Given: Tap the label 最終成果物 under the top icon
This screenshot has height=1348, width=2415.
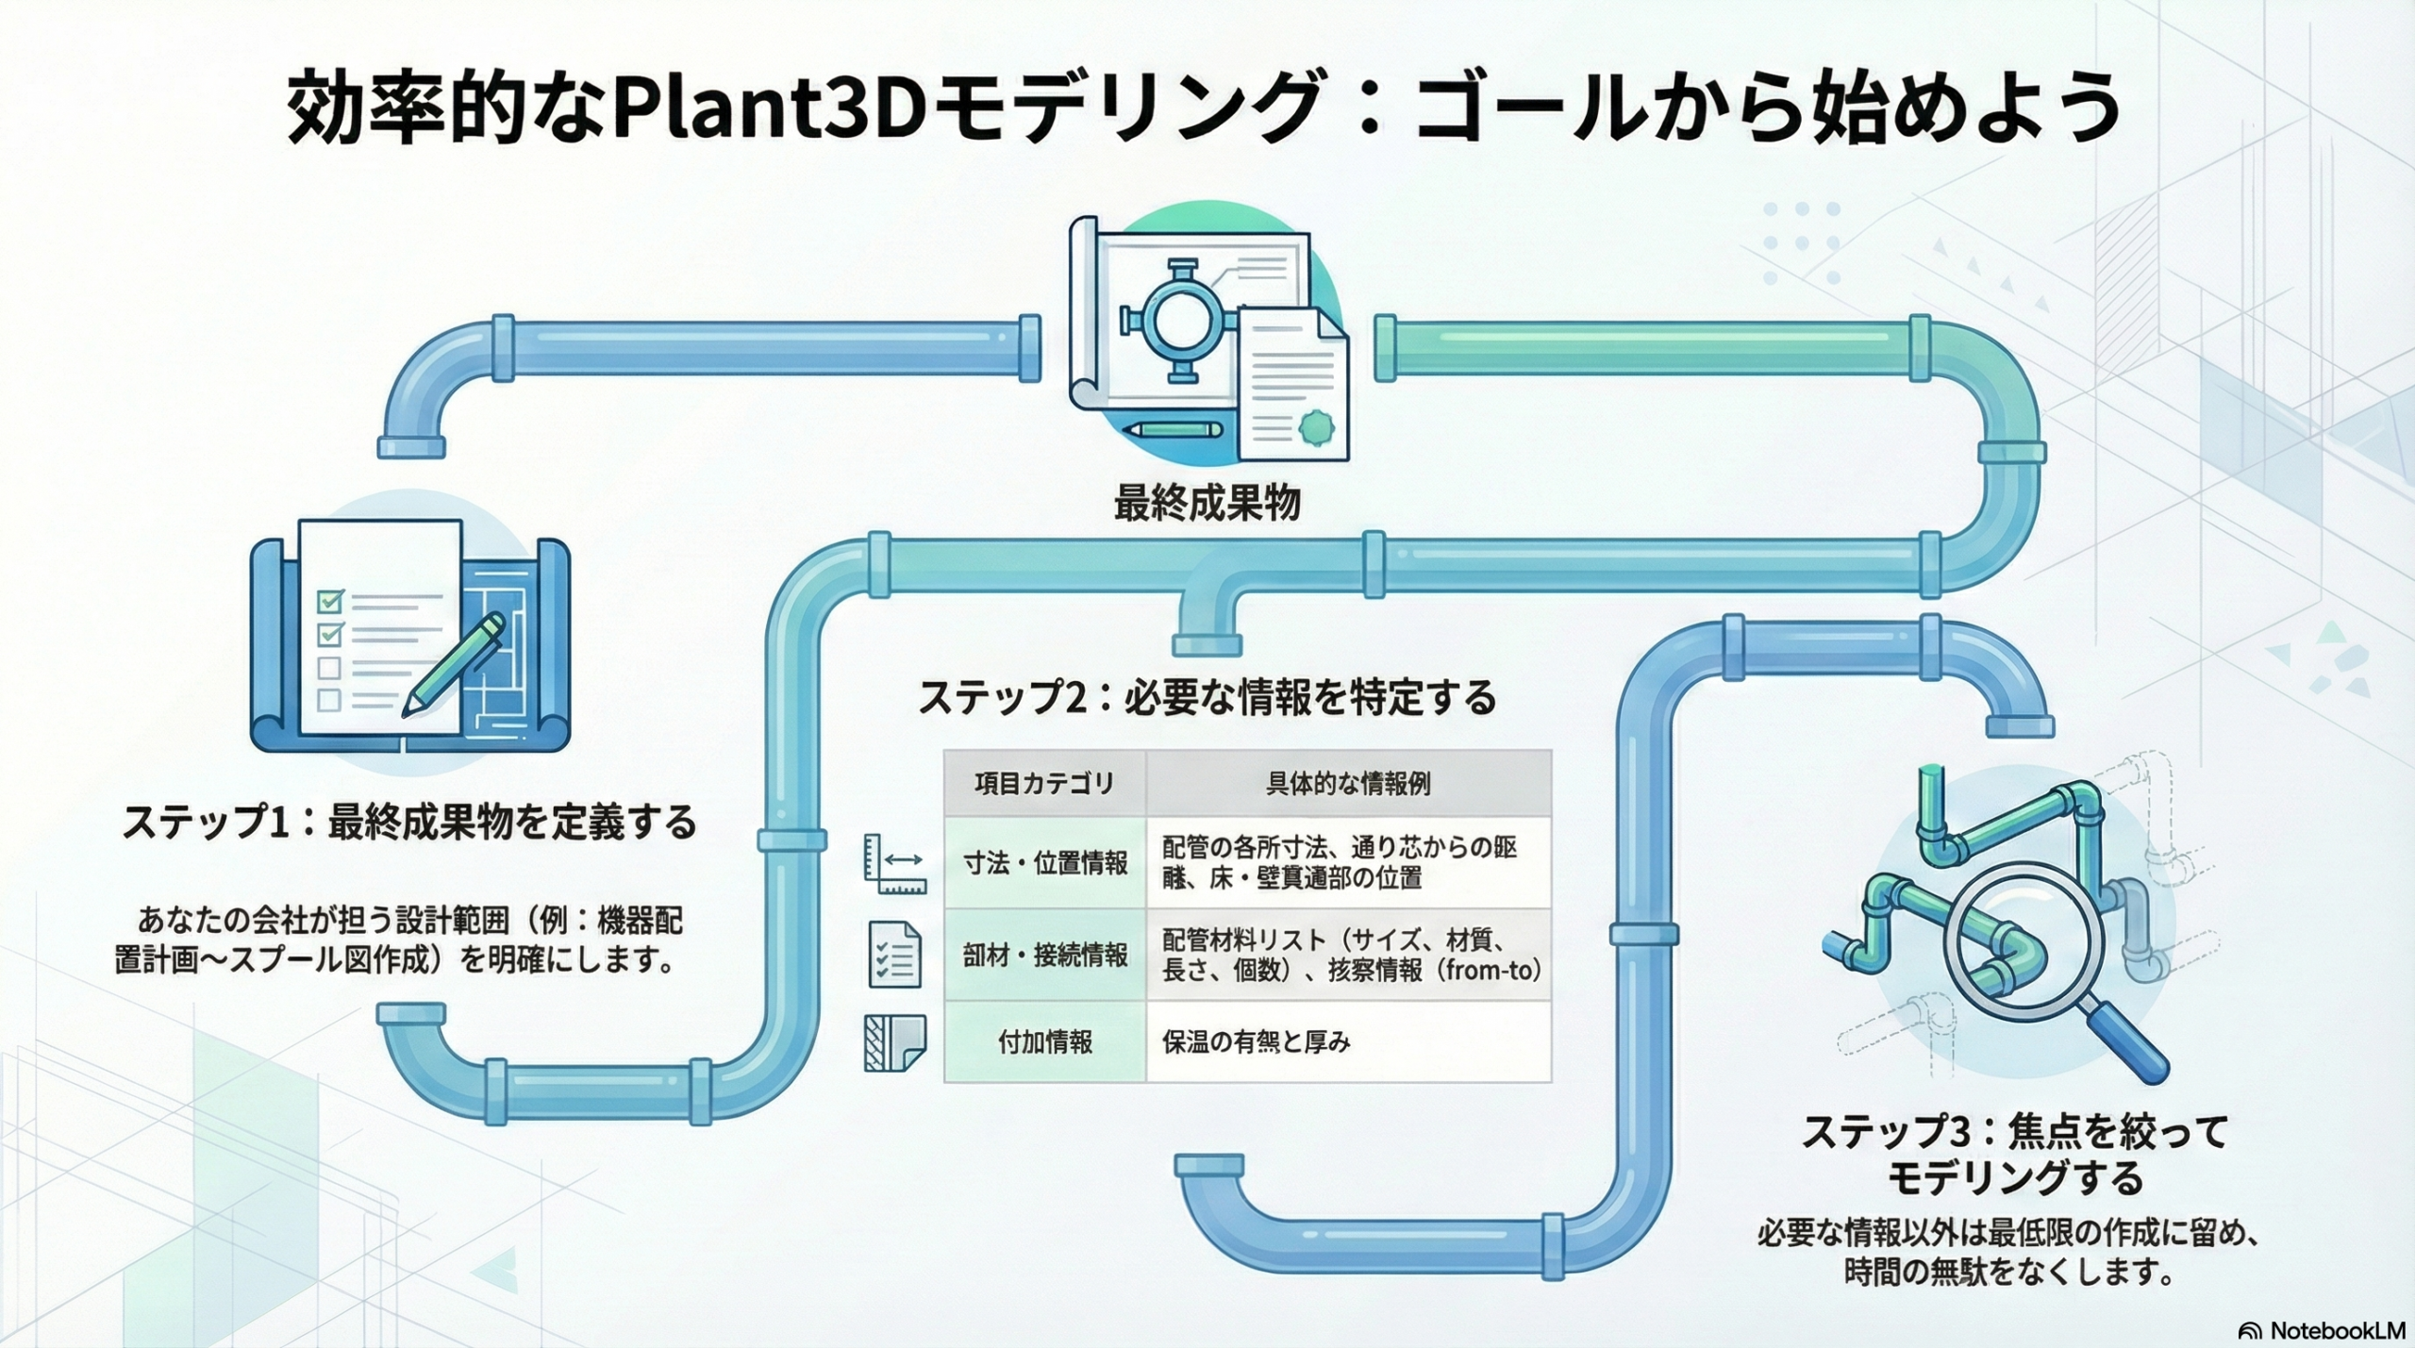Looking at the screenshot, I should click(1207, 504).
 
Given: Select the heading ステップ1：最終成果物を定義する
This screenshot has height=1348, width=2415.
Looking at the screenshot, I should click(410, 822).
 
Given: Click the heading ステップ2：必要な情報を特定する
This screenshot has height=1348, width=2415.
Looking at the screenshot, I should click(1207, 697).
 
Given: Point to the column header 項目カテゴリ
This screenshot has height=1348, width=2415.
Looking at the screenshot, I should click(1044, 783).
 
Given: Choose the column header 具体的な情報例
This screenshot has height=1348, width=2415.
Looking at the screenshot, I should click(1348, 783).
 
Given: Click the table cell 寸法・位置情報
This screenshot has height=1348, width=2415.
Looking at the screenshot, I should click(1045, 862).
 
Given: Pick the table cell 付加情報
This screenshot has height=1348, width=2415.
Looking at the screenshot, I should click(1045, 1041).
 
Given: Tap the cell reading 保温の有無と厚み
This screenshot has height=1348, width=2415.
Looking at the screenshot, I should click(1256, 1041).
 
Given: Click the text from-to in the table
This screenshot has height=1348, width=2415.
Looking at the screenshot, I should click(1491, 970).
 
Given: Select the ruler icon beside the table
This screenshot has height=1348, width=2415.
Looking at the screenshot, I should click(893, 863).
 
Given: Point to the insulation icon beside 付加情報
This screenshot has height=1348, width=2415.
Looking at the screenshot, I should click(894, 1042).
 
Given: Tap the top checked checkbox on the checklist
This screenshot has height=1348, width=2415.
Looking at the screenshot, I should click(330, 600).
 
